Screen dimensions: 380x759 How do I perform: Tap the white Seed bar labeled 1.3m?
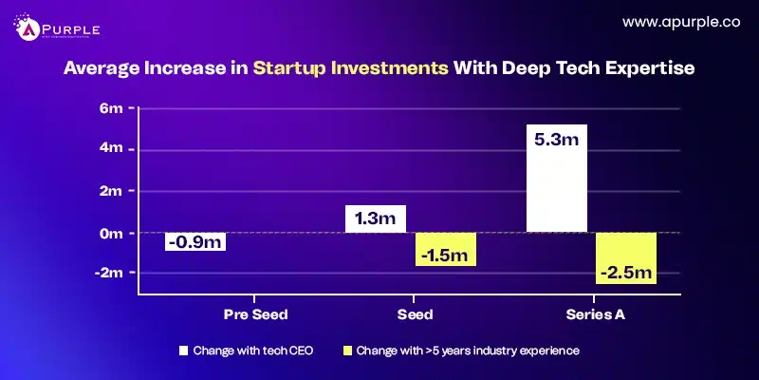[x=376, y=218]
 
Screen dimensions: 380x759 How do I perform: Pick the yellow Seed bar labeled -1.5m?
[x=445, y=249]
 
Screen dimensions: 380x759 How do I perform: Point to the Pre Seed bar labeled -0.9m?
[x=195, y=242]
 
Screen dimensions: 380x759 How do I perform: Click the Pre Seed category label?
[x=255, y=313]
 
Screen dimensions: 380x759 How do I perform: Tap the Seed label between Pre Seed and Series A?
[x=410, y=313]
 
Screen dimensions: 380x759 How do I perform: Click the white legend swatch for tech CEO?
[x=184, y=351]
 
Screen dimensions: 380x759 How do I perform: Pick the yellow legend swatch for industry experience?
[x=346, y=351]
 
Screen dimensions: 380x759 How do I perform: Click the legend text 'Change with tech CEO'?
[x=250, y=351]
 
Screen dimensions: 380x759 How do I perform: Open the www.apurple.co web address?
[x=682, y=21]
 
